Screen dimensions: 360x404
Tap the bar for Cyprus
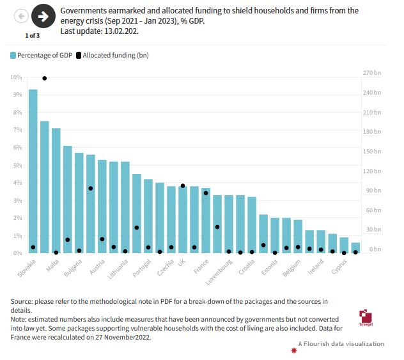pyautogui.click(x=344, y=246)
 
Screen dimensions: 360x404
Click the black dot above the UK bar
pyautogui.click(x=182, y=185)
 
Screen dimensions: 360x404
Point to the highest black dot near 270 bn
pyautogui.click(x=45, y=78)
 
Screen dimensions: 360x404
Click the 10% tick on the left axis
pyautogui.click(x=16, y=77)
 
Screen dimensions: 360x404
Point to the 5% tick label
pyautogui.click(x=17, y=166)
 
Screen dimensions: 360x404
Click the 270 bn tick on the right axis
pyautogui.click(x=372, y=73)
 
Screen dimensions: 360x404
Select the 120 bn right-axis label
pyautogui.click(x=372, y=171)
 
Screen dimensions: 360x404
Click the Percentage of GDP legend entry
pyautogui.click(x=42, y=56)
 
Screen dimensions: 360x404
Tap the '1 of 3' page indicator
pyautogui.click(x=32, y=35)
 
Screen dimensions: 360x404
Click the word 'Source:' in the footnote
pyautogui.click(x=22, y=301)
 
